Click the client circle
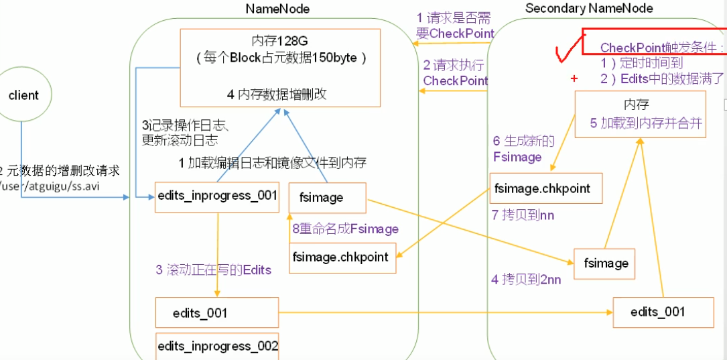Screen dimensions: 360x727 coord(23,95)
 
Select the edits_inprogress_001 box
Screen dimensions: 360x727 coord(216,196)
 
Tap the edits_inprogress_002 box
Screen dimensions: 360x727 coord(216,346)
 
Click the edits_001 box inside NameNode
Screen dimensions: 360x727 coord(216,313)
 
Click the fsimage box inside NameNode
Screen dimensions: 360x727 coord(328,198)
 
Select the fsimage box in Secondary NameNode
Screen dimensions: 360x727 coord(604,263)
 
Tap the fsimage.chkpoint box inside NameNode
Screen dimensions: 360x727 coord(342,257)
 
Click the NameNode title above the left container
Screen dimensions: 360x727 coord(277,9)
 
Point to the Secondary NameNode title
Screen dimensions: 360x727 coord(589,9)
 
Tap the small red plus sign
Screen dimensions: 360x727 coord(574,78)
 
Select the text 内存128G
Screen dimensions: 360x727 coord(281,42)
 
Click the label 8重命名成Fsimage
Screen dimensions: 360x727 coord(345,229)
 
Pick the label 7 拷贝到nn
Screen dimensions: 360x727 coord(523,215)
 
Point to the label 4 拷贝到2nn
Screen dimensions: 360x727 coord(526,280)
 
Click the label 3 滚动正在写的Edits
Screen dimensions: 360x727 coord(213,269)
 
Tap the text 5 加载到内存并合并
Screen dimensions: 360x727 coord(645,123)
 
